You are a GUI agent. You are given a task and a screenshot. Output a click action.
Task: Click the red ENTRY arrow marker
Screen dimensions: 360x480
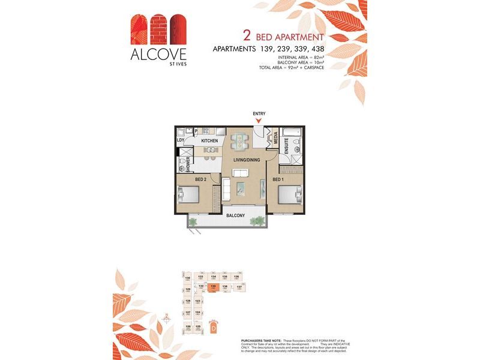tap(259, 121)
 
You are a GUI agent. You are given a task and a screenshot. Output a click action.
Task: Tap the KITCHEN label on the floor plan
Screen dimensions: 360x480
tap(209, 141)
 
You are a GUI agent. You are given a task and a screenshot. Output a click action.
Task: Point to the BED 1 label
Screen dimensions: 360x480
tap(278, 179)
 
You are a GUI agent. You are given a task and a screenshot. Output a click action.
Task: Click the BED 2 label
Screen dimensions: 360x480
tap(201, 179)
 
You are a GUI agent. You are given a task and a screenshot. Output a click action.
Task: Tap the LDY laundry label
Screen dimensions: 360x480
tap(180, 140)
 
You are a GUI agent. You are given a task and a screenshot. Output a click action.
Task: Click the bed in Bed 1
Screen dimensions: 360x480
tap(290, 195)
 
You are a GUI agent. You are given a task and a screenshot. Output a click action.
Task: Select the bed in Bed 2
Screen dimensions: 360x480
tap(189, 195)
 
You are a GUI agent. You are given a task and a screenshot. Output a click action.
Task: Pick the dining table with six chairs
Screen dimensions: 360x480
tap(241, 140)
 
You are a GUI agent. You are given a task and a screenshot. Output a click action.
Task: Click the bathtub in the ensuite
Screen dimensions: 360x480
tap(292, 131)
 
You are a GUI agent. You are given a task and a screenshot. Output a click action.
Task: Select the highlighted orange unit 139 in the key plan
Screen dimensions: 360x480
tap(213, 288)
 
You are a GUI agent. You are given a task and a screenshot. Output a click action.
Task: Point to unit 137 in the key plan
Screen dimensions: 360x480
tap(239, 288)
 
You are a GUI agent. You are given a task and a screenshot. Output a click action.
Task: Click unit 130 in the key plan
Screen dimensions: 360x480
tap(188, 278)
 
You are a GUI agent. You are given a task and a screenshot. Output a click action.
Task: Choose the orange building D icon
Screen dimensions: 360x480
tap(212, 328)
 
